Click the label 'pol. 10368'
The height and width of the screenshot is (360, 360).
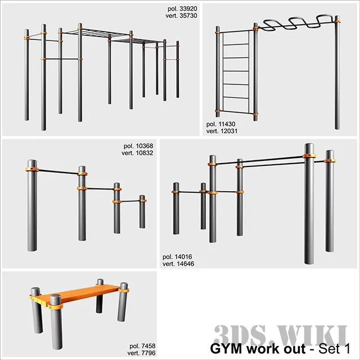(x=138, y=146)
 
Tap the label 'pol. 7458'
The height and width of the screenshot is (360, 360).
(x=140, y=345)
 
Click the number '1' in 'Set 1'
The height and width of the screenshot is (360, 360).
(x=346, y=348)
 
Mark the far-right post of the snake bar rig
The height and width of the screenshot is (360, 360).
(x=337, y=73)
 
